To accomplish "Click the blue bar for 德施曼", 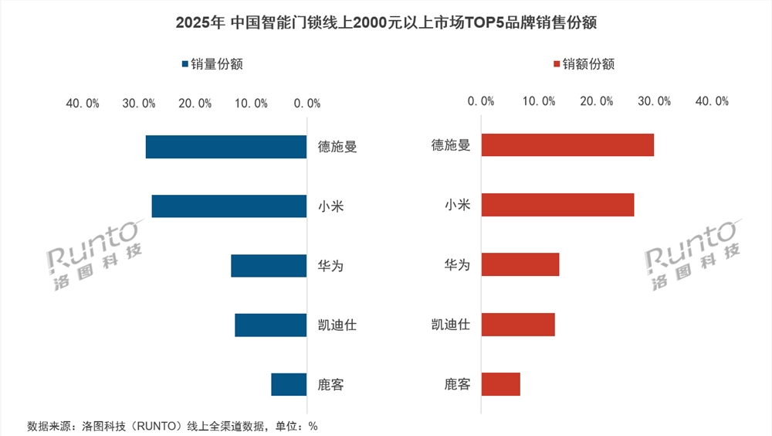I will (226, 147).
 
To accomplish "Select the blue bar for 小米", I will (229, 206).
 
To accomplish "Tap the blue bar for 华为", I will (269, 266).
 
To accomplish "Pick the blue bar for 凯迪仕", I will (271, 325).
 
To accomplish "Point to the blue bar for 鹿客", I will (289, 384).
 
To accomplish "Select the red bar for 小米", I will (557, 204).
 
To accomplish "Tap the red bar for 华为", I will (520, 264).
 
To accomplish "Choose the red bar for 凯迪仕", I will (518, 324).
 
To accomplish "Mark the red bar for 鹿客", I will (501, 383).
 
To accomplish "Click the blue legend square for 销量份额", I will (185, 65).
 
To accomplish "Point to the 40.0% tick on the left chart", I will (82, 103).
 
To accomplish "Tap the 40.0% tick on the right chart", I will (711, 101).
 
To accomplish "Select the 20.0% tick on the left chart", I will (195, 103).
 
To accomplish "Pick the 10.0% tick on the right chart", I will (540, 101).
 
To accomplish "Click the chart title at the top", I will (386, 23).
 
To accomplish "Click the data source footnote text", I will (172, 426).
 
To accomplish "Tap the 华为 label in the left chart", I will (330, 266).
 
